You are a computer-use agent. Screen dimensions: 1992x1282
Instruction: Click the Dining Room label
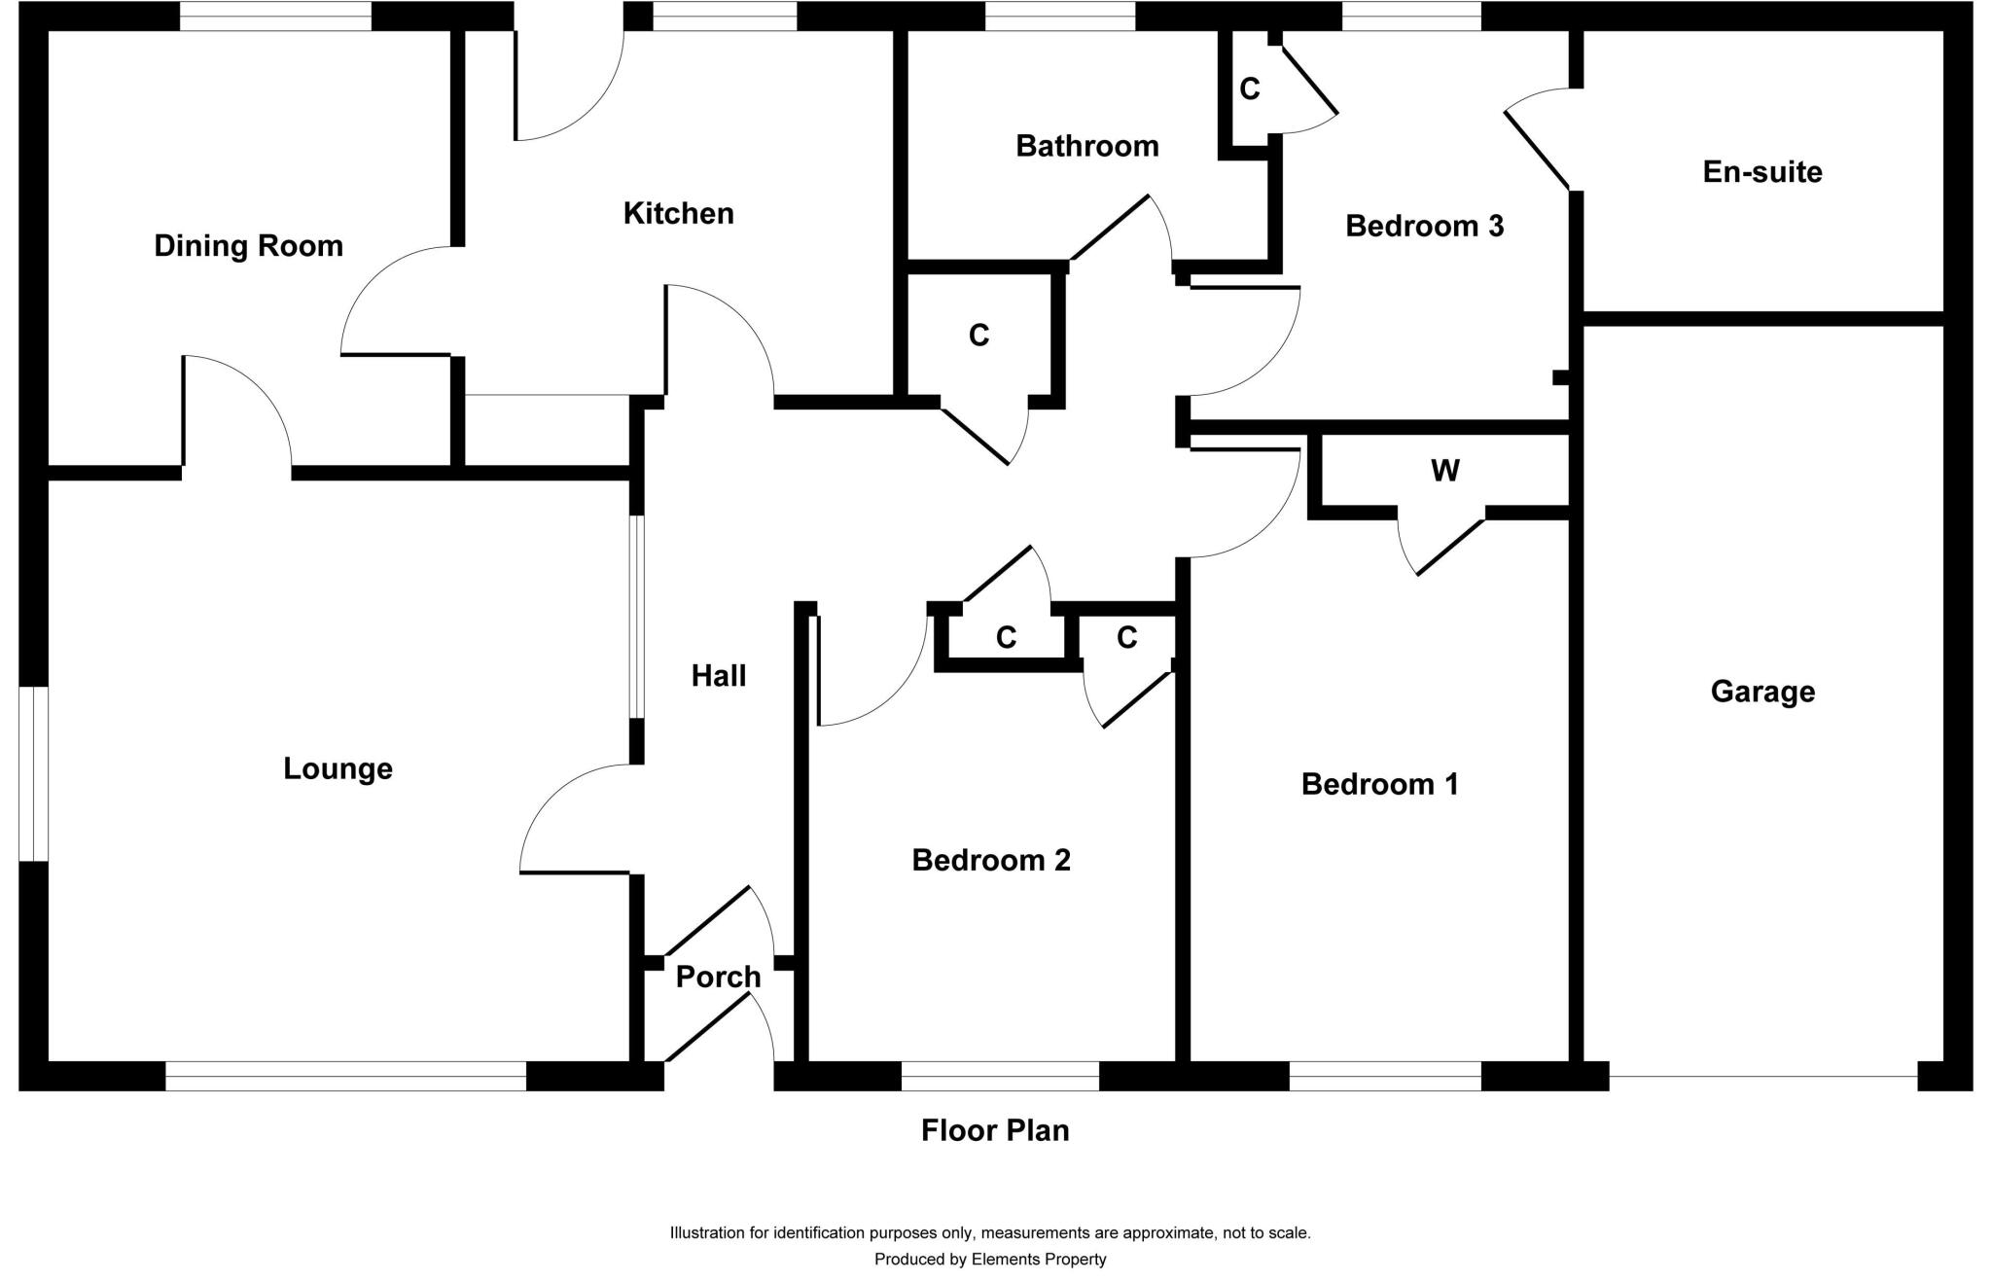249,246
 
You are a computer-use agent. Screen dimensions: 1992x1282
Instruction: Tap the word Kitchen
678,214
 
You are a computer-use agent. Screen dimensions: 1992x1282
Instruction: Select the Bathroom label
1086,147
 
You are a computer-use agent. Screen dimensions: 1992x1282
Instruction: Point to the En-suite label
1761,172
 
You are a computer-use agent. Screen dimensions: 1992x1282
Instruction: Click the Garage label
1762,692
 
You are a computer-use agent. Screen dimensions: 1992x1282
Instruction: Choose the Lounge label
338,768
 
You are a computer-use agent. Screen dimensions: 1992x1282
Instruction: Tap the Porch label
718,977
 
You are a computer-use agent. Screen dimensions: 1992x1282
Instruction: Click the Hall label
719,676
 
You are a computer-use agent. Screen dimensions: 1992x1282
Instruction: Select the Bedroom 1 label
1379,784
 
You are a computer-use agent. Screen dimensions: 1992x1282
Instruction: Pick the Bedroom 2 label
990,860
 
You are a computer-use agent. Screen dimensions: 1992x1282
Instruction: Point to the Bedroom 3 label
1424,227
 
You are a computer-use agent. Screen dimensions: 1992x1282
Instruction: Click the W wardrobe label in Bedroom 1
1444,471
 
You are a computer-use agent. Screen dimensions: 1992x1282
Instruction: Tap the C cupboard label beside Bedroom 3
1250,89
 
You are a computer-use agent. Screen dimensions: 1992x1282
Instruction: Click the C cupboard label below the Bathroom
978,336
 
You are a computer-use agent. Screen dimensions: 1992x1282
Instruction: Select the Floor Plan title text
995,1130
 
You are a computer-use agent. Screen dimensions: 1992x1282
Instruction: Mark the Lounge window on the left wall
33,774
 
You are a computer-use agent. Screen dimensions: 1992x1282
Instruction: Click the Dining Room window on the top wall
275,17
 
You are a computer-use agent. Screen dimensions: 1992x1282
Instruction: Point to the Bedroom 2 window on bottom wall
1000,1076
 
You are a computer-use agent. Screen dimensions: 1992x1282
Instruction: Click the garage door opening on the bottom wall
1762,1076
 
